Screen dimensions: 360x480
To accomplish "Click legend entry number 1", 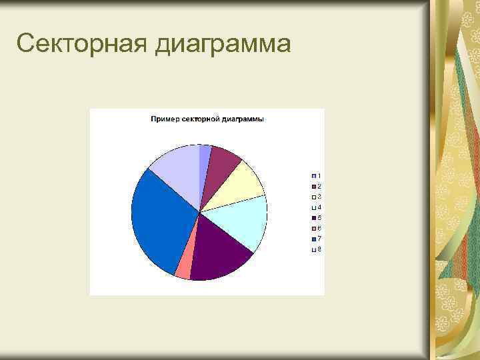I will click(316, 175).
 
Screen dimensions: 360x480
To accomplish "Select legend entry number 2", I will click(316, 186).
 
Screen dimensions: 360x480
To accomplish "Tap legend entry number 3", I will click(316, 197).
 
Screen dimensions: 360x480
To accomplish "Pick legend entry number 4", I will click(316, 207).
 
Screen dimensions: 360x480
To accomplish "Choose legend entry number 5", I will click(316, 218).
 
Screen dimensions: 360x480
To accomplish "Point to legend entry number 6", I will click(316, 229).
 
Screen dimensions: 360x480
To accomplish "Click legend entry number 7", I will click(316, 239).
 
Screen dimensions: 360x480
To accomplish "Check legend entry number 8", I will click(316, 249).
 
